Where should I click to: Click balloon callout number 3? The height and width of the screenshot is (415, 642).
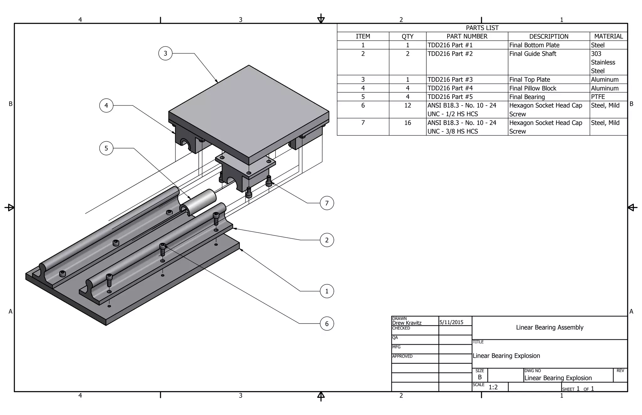tap(165, 54)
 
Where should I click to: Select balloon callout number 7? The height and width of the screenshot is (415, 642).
tap(327, 203)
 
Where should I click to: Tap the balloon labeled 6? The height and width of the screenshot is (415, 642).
tap(327, 324)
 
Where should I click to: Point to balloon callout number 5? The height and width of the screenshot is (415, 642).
tap(106, 148)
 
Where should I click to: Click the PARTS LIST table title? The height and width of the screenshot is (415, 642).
tap(482, 28)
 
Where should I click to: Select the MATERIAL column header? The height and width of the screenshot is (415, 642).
tap(608, 36)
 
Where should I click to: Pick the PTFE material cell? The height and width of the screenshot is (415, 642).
tap(598, 97)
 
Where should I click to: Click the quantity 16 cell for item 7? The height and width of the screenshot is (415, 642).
tap(408, 123)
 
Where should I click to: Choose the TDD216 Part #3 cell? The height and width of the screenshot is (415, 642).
tap(450, 80)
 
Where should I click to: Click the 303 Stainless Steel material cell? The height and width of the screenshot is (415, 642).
tap(603, 62)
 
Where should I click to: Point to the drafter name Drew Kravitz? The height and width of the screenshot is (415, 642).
tap(407, 323)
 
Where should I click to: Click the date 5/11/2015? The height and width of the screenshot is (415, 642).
tap(451, 322)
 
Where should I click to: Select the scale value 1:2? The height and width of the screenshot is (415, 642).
tap(493, 387)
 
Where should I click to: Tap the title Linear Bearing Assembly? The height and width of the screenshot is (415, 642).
tap(550, 327)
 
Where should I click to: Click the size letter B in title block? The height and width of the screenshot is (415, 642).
tap(480, 377)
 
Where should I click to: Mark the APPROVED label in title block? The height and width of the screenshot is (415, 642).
tap(402, 356)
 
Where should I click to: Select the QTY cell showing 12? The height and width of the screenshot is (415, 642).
tap(408, 106)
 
